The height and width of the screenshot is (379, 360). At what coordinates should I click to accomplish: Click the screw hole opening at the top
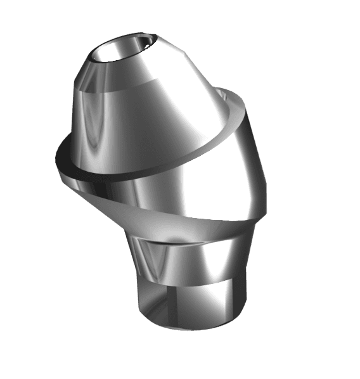pos(120,50)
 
